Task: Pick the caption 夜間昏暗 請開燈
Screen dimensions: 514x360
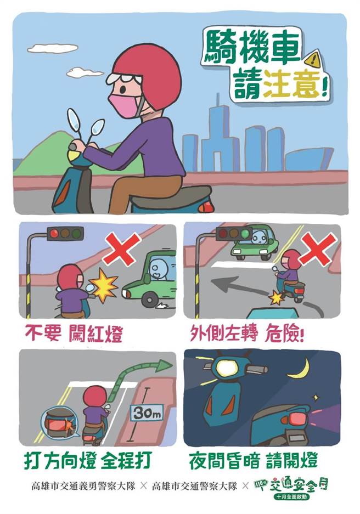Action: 262,459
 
